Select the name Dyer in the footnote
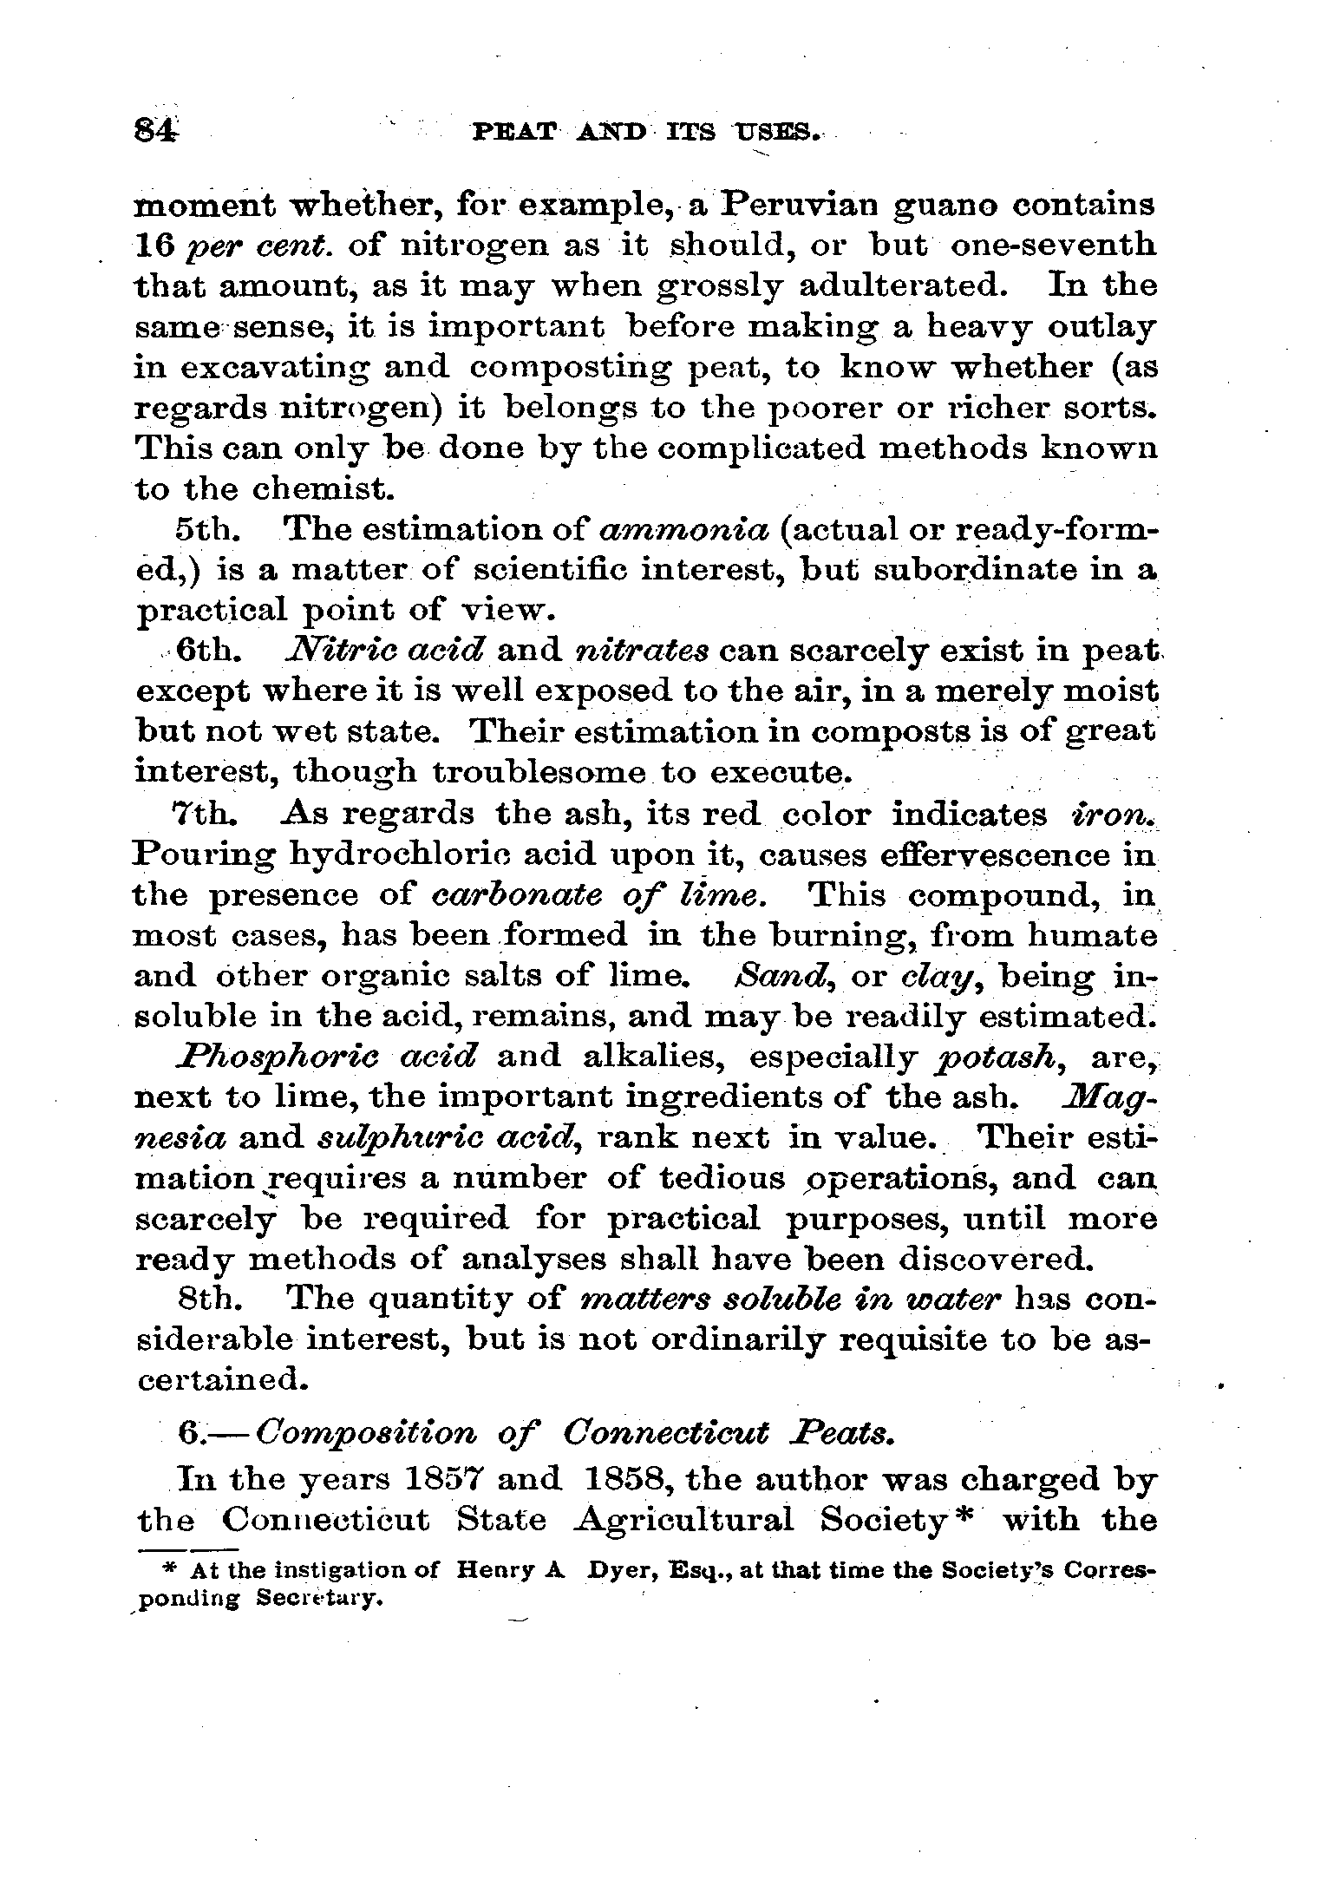620,1570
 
